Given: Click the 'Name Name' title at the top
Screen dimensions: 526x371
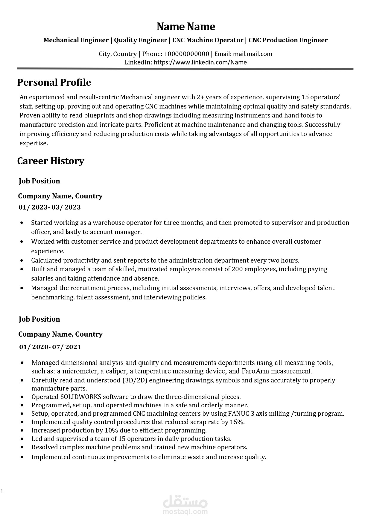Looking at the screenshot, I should pos(186,27).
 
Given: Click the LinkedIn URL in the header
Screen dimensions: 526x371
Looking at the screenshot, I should pos(200,62).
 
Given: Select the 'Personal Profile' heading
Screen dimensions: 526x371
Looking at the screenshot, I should pos(54,82).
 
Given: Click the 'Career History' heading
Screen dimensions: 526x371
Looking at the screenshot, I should pos(51,161).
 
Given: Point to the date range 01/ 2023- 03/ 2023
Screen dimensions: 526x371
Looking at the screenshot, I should pos(50,207).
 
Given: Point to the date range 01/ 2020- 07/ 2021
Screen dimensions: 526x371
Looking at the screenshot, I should pos(50,347).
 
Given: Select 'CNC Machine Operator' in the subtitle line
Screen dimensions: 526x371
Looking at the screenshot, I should pos(208,40).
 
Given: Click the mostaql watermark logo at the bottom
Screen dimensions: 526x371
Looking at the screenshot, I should pos(185,505).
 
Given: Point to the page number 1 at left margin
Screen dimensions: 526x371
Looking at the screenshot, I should pos(2,491).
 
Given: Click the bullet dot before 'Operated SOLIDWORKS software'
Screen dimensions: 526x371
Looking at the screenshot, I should pos(22,397).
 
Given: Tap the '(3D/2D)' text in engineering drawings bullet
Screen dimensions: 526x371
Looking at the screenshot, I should pos(136,380).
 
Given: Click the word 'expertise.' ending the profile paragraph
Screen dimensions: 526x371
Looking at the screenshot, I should pos(34,143).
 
